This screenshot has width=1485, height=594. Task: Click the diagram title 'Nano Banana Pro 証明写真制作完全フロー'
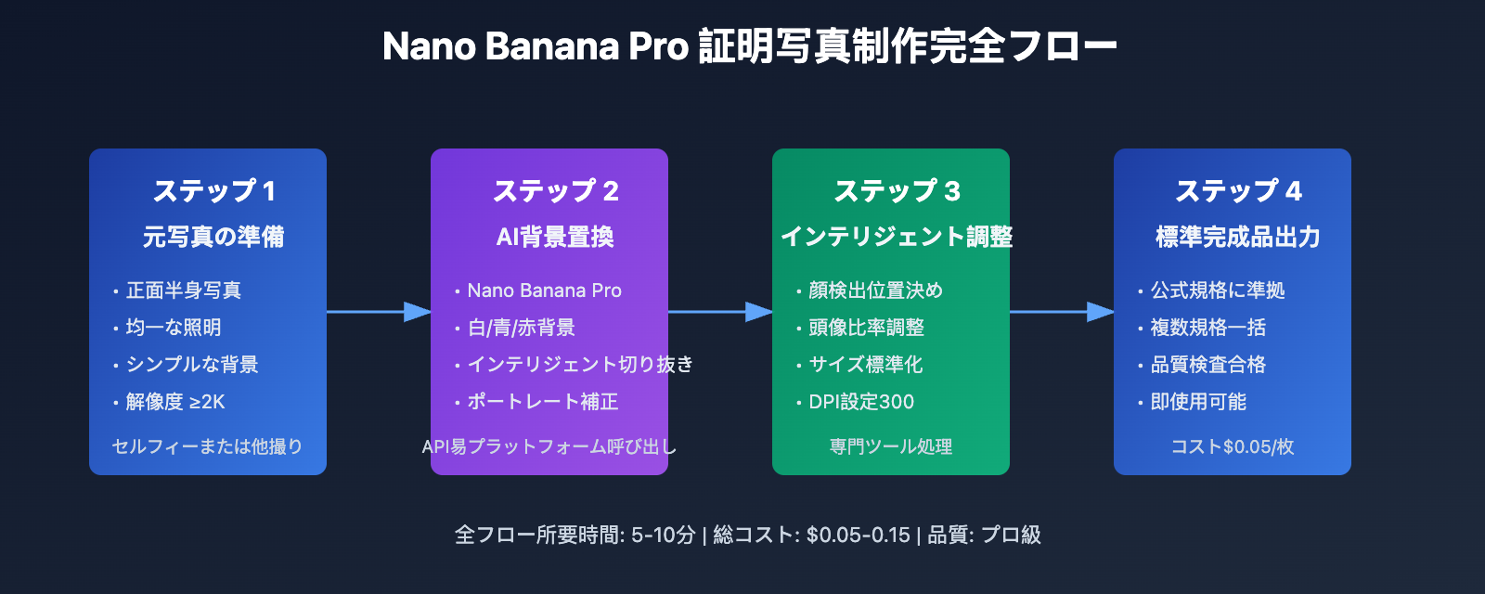[749, 46]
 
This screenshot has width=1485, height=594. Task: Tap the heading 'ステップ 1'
[213, 191]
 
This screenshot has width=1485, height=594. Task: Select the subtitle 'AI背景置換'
[555, 238]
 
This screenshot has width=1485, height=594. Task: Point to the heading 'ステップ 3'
[897, 191]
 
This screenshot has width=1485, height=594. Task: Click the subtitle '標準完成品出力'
[1237, 238]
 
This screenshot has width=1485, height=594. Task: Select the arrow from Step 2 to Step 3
[720, 312]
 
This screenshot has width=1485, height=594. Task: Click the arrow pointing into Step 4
[1062, 312]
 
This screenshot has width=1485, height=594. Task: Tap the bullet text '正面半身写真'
[184, 291]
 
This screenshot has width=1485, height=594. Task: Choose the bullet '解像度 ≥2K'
[175, 402]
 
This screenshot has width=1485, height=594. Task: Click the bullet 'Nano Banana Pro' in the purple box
[544, 291]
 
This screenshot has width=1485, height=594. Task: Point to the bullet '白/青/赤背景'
[521, 328]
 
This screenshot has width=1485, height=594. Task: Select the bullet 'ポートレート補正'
[542, 402]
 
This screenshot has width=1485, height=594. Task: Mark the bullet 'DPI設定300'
[861, 402]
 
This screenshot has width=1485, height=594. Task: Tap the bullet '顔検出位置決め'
[875, 291]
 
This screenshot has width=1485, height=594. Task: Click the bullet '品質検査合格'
[1207, 365]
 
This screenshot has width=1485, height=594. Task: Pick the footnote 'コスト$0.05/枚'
[1232, 446]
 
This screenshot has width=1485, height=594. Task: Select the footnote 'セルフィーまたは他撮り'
[207, 446]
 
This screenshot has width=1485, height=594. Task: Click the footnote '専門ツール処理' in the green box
[890, 446]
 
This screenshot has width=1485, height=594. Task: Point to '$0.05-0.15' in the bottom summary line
[858, 536]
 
